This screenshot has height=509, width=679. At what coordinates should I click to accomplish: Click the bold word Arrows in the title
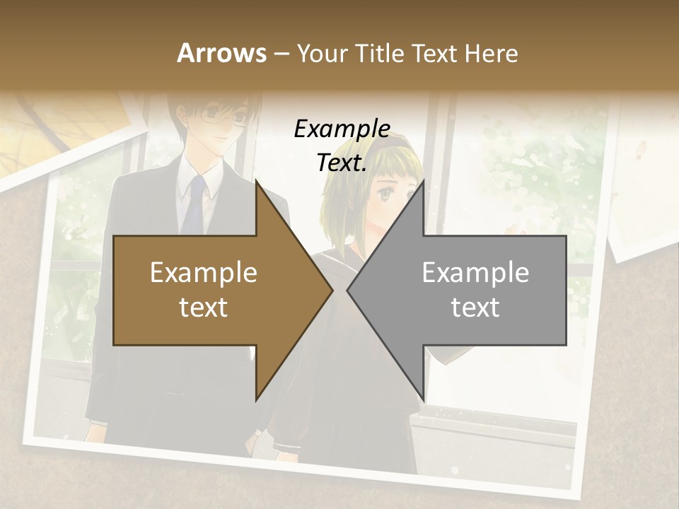pos(222,54)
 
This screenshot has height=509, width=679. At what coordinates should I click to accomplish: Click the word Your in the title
pos(323,54)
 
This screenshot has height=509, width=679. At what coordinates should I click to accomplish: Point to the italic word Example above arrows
pos(342,129)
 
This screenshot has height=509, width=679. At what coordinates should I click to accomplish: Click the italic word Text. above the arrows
pos(342,163)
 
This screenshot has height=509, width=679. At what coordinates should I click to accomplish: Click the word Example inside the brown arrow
pos(204,273)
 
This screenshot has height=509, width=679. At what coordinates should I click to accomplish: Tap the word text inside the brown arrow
pos(204,308)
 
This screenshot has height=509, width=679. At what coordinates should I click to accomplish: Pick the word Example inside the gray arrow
pos(475,273)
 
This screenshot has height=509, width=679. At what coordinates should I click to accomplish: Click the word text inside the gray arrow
pos(475,308)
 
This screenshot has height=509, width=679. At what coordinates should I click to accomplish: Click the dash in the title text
pos(281,54)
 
